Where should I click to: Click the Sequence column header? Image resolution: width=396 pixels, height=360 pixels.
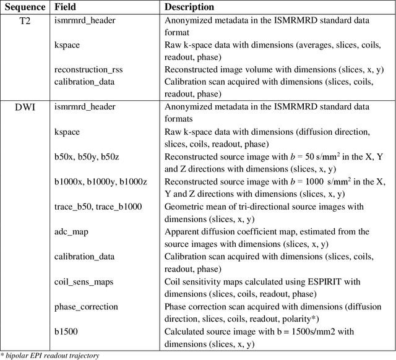[x=24, y=7]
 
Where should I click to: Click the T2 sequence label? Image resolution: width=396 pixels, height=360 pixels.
[x=24, y=20]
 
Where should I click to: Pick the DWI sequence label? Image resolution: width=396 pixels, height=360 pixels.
[x=24, y=107]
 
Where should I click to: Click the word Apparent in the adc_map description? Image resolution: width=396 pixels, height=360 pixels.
[x=184, y=231]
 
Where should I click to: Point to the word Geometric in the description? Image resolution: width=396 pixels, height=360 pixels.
[x=187, y=207]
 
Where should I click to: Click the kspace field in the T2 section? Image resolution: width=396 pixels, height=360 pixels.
[x=67, y=45]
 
